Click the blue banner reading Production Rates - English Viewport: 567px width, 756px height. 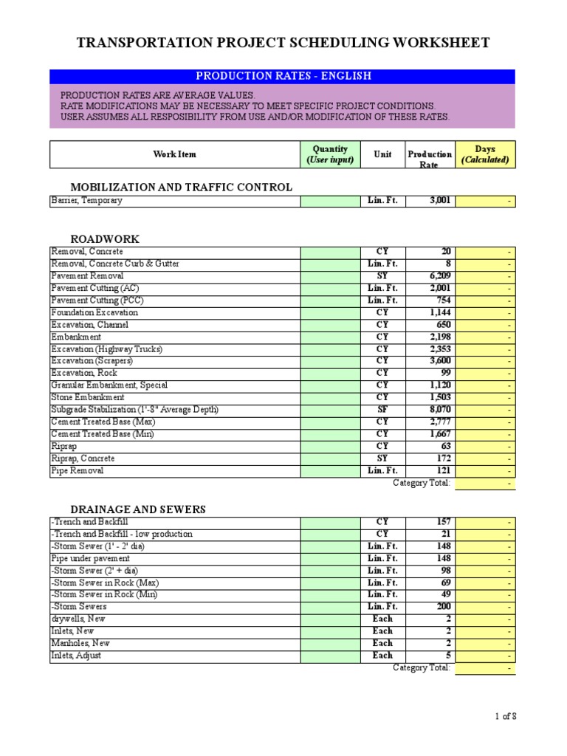pyautogui.click(x=283, y=76)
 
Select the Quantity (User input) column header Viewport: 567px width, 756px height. pyautogui.click(x=330, y=154)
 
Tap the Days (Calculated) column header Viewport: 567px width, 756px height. pyautogui.click(x=485, y=154)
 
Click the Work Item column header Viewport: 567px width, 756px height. pyautogui.click(x=174, y=154)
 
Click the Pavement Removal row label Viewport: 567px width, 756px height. pyautogui.click(x=87, y=276)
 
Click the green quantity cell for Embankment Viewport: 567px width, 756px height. pyautogui.click(x=330, y=337)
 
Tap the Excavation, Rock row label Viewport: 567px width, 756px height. pyautogui.click(x=83, y=373)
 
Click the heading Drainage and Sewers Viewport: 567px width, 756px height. pyautogui.click(x=137, y=509)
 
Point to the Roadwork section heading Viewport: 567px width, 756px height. pyautogui.click(x=105, y=239)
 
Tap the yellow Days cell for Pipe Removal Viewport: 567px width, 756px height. pyautogui.click(x=485, y=471)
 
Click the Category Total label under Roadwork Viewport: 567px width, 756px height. pyautogui.click(x=421, y=484)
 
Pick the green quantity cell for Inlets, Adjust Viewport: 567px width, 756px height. pyautogui.click(x=330, y=656)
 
